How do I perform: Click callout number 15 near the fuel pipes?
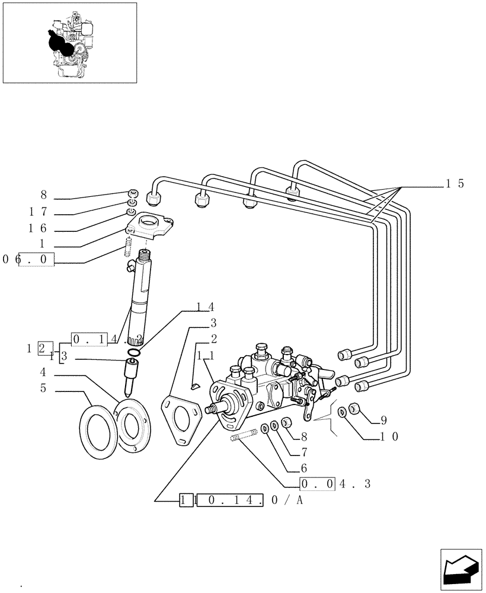tap(455, 184)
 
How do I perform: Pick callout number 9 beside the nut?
tap(383, 420)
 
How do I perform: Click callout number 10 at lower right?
tap(389, 437)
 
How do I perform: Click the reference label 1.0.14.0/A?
tap(241, 501)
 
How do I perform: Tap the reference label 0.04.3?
tap(335, 484)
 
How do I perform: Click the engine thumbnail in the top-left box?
tap(70, 42)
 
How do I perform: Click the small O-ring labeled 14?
tap(135, 354)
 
